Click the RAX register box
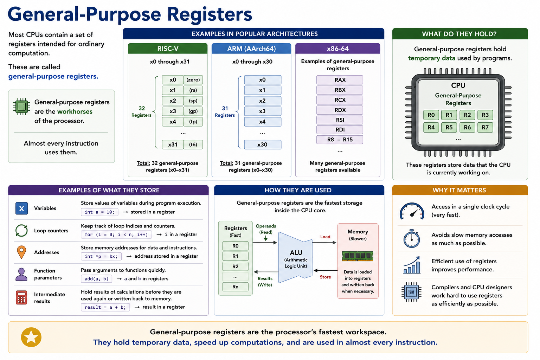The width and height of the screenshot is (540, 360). click(x=340, y=80)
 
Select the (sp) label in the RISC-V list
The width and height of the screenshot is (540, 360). click(x=193, y=101)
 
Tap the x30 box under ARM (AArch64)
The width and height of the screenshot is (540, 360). click(x=263, y=145)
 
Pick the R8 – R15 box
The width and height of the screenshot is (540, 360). click(x=340, y=140)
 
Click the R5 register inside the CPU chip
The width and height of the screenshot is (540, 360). click(x=449, y=127)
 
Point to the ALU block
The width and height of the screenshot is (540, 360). click(x=295, y=258)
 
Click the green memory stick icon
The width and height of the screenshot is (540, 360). click(x=358, y=256)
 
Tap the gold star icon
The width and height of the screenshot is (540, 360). click(x=31, y=337)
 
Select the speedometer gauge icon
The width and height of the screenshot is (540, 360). click(x=412, y=211)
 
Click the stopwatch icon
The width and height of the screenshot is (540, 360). click(x=412, y=239)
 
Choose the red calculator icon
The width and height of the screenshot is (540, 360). click(x=21, y=297)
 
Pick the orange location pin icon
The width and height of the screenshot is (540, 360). click(x=21, y=252)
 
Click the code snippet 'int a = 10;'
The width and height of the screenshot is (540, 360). click(x=99, y=212)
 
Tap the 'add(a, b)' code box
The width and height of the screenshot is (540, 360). click(x=96, y=279)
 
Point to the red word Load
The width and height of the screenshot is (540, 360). click(x=325, y=237)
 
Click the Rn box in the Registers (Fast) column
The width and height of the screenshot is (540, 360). click(x=235, y=287)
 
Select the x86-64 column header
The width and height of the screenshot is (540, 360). click(x=337, y=49)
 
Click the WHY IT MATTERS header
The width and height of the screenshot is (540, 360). click(x=460, y=190)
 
